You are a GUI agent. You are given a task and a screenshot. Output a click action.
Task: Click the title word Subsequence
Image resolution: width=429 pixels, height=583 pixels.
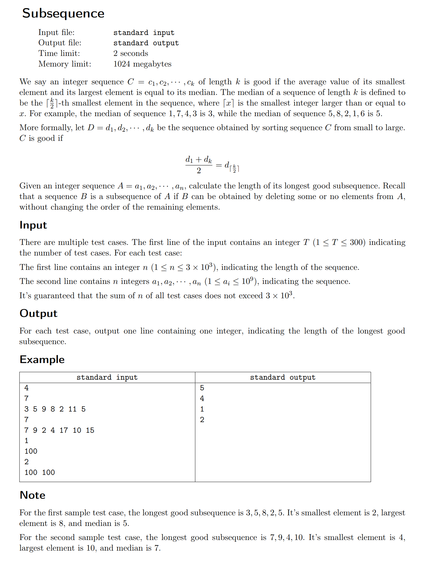tap(63, 13)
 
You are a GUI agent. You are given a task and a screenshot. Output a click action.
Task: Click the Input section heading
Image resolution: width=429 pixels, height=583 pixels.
tap(33, 225)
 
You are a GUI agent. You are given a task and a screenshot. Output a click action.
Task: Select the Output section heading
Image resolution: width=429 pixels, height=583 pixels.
tap(38, 313)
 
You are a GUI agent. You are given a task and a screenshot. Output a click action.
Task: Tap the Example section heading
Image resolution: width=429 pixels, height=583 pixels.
tap(42, 360)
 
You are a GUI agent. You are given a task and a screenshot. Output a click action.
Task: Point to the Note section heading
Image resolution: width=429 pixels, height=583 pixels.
tap(32, 495)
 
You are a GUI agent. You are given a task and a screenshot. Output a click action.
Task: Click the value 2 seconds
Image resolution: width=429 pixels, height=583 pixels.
tap(131, 53)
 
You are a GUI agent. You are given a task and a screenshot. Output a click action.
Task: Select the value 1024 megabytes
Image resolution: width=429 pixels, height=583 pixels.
tap(142, 64)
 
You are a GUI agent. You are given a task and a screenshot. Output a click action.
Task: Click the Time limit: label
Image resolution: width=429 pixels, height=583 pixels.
tap(59, 53)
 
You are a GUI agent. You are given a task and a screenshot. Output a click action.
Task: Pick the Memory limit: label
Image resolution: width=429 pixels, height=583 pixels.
tap(65, 64)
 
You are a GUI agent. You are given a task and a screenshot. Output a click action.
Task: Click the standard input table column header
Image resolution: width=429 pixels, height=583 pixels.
tap(107, 377)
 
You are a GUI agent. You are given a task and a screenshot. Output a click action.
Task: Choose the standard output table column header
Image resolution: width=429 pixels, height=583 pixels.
tap(283, 377)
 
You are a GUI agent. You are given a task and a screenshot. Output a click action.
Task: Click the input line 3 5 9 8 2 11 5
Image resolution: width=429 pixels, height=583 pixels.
tap(55, 409)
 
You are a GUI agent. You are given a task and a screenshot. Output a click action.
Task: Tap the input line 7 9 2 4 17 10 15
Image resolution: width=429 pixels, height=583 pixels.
tap(59, 430)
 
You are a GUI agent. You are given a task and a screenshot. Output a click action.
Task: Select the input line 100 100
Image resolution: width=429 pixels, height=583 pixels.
tap(40, 472)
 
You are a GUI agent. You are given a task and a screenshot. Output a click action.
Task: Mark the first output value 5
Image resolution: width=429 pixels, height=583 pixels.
tap(202, 388)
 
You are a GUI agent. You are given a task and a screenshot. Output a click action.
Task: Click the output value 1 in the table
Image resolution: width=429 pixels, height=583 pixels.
tap(202, 409)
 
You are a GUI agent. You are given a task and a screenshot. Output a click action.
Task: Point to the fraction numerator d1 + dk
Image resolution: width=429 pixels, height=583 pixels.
tap(199, 160)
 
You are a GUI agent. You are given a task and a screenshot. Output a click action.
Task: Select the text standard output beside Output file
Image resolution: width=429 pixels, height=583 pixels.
tap(146, 43)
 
